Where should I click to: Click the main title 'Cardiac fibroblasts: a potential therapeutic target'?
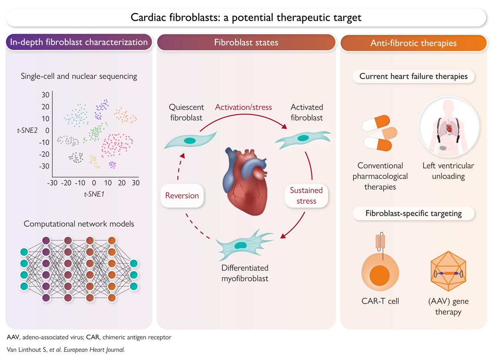[x=246, y=18]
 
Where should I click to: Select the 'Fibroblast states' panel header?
[x=246, y=42]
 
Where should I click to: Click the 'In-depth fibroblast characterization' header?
[x=78, y=42]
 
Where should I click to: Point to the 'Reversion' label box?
[x=182, y=195]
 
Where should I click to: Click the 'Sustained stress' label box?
[x=306, y=195]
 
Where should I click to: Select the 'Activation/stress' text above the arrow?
[x=244, y=108]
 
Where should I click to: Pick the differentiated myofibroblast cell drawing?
[x=241, y=245]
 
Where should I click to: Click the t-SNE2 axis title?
[x=30, y=130]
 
